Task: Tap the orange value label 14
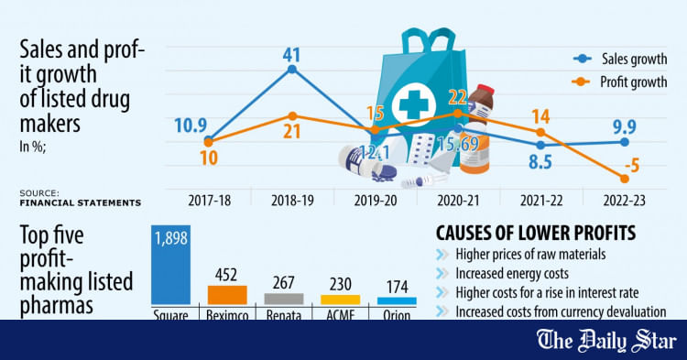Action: [x=540, y=115]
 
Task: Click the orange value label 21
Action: [x=291, y=132]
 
